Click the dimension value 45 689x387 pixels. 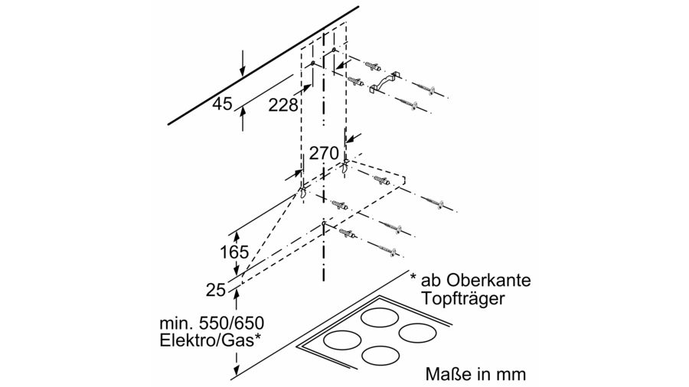[222, 104]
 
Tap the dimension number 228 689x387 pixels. [283, 105]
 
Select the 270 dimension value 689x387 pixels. [324, 153]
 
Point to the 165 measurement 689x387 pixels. [234, 252]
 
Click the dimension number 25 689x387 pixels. [216, 290]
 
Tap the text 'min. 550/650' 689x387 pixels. [212, 324]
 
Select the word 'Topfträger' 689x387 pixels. [462, 299]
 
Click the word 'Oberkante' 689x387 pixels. [488, 280]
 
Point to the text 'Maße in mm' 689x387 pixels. [475, 374]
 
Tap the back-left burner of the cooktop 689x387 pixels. [380, 317]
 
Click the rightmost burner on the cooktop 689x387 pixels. [417, 333]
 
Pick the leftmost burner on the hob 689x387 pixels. [342, 340]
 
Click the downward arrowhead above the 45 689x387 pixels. [243, 73]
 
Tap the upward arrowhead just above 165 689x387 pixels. [237, 236]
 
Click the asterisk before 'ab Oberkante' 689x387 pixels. [413, 277]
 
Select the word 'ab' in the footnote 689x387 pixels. [431, 280]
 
